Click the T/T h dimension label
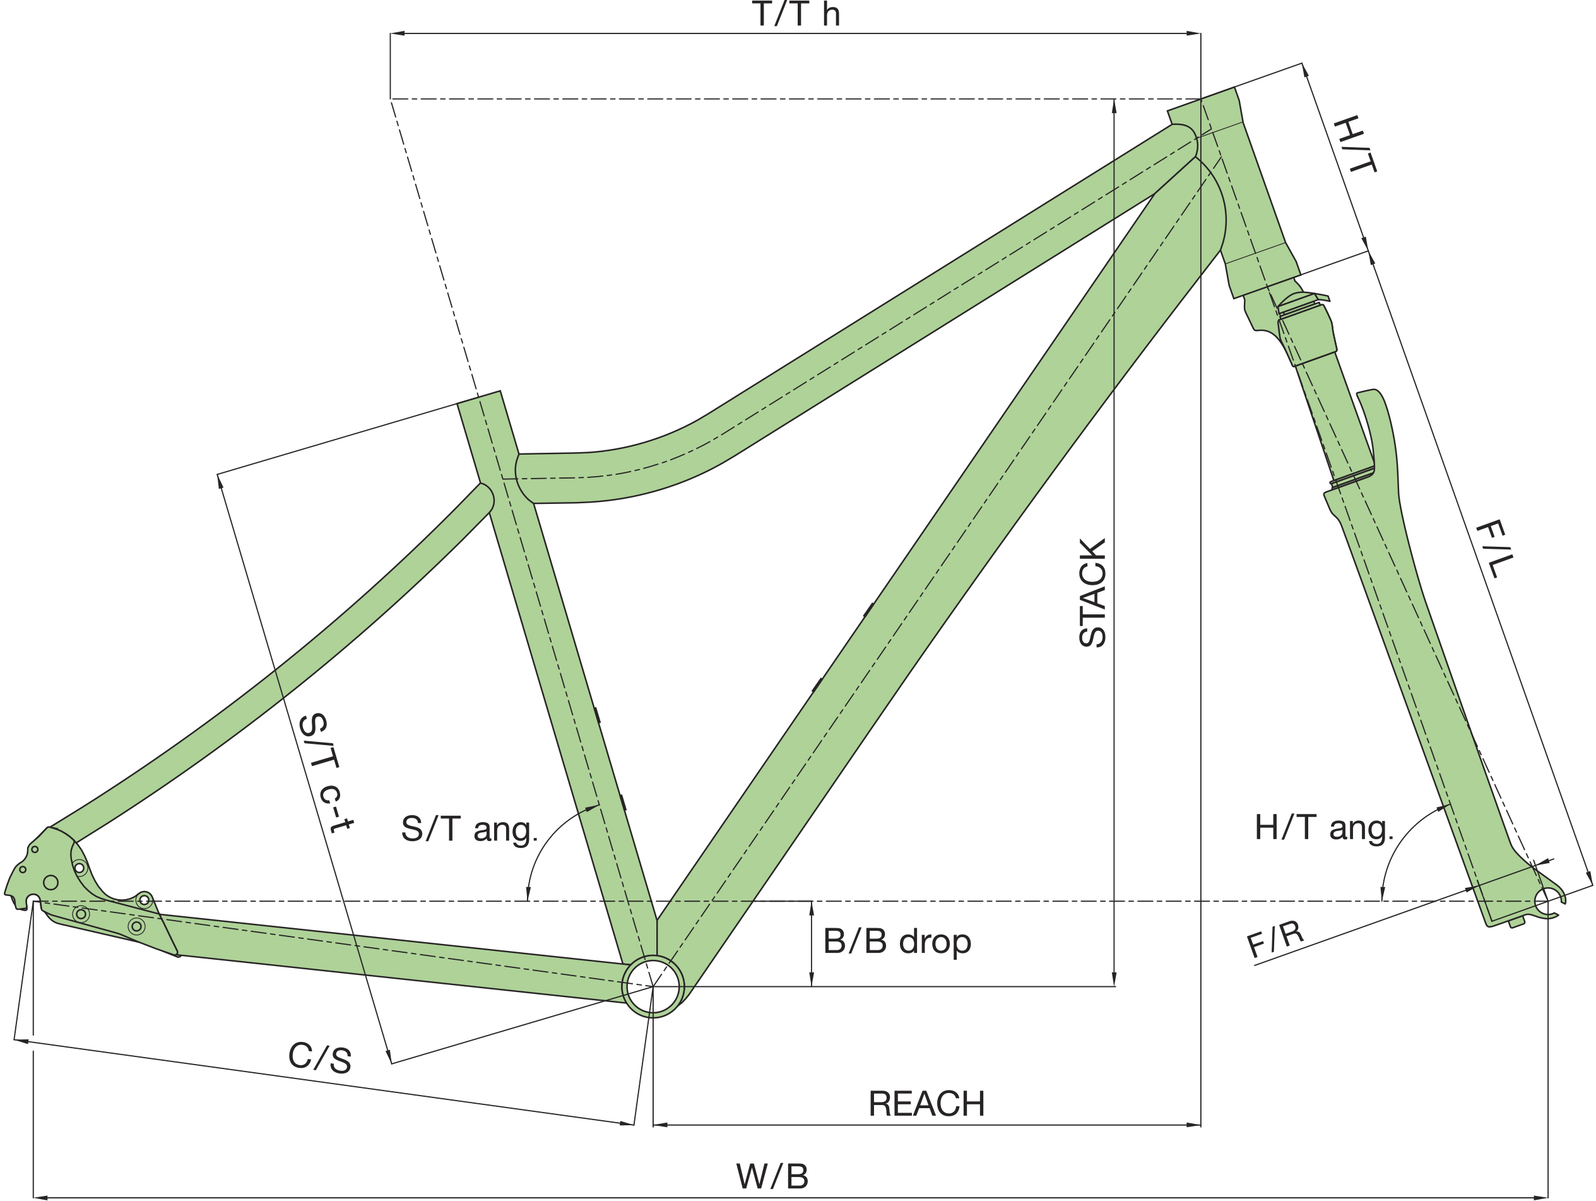coord(796,15)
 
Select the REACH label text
coord(926,1104)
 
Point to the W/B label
coord(772,1176)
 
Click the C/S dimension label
coord(319,1058)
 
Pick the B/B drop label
coord(897,941)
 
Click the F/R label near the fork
coord(1275,939)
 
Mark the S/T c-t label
coord(324,772)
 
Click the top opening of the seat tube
coord(479,398)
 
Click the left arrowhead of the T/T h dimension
coord(397,33)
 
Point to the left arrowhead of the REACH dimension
coord(660,1125)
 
